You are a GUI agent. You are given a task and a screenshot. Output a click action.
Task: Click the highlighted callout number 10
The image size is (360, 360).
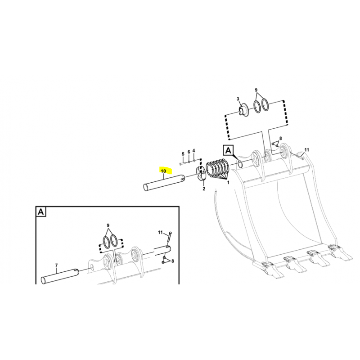(x=163, y=171)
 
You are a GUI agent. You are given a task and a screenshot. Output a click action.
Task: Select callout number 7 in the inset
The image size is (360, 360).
(x=57, y=265)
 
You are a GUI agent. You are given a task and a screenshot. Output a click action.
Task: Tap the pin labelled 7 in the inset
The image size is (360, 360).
(x=60, y=276)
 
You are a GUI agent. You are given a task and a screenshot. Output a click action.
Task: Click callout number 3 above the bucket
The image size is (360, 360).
(x=238, y=99)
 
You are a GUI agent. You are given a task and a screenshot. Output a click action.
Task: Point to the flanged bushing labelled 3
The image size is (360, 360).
(x=243, y=110)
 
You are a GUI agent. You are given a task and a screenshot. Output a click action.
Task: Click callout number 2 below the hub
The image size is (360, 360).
(x=204, y=189)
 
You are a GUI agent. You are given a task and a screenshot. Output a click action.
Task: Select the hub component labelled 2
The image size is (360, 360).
(x=201, y=175)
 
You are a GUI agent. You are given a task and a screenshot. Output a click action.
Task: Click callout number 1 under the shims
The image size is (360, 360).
(x=228, y=183)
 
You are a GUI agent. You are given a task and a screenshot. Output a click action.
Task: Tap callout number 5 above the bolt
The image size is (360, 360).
(x=183, y=153)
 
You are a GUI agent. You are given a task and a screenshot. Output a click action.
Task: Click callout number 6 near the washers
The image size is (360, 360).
(x=189, y=152)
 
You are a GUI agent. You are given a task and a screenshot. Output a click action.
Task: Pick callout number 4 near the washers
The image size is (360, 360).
(x=194, y=151)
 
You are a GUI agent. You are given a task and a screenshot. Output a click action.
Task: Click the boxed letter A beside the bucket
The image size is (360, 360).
(x=228, y=151)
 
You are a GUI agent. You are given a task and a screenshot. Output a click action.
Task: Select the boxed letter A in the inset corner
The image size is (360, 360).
(x=41, y=211)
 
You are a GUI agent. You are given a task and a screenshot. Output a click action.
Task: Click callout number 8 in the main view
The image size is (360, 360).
(x=280, y=139)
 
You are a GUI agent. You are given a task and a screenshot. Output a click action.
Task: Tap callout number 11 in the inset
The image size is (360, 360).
(x=160, y=233)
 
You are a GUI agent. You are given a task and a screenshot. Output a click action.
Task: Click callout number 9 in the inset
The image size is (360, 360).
(x=108, y=225)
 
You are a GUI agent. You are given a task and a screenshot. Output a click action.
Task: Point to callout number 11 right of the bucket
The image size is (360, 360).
(x=307, y=150)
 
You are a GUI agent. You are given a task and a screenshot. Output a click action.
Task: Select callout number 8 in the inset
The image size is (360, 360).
(x=172, y=261)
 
